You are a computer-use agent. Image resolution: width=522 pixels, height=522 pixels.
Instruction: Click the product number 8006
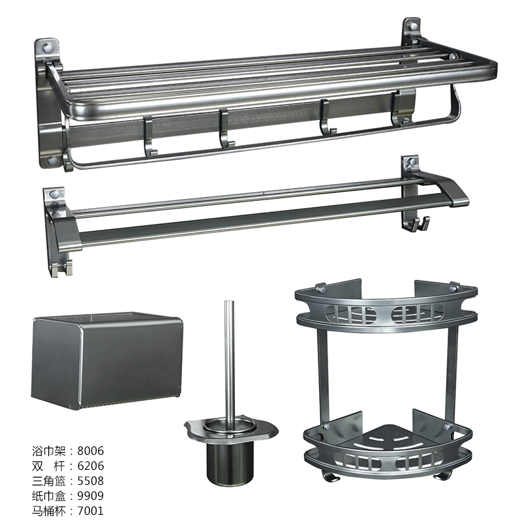[x=91, y=450]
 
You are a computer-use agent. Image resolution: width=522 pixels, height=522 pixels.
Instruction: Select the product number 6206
[x=91, y=465]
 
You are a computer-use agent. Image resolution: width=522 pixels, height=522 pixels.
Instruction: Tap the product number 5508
[x=91, y=480]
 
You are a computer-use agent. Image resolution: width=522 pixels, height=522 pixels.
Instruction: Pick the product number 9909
[x=91, y=495]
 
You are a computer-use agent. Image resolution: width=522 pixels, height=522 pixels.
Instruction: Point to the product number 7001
[x=91, y=510]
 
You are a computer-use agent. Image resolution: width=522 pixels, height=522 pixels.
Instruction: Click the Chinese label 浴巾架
[x=48, y=451]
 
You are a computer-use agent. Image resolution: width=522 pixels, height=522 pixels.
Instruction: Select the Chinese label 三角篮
[x=48, y=481]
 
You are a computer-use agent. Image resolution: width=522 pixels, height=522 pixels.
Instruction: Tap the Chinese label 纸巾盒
[x=48, y=496]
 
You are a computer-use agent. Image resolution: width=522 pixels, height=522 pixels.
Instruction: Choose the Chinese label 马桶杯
[x=48, y=511]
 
